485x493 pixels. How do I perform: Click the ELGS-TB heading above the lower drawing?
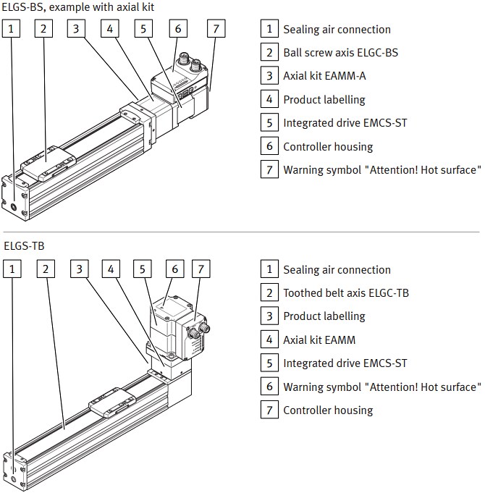pyautogui.click(x=24, y=246)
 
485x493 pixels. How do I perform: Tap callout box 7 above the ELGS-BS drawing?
pyautogui.click(x=215, y=29)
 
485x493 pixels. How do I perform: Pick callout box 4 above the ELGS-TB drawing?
pyautogui.click(x=111, y=269)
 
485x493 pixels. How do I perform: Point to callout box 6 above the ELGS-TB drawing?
pyautogui.click(x=174, y=269)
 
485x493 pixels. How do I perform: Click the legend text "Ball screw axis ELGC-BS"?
pyautogui.click(x=340, y=53)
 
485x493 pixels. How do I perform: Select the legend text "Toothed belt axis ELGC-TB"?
pyautogui.click(x=346, y=293)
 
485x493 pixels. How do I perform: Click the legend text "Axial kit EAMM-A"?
pyautogui.click(x=325, y=76)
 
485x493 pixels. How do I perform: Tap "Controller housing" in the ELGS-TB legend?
pyautogui.click(x=328, y=410)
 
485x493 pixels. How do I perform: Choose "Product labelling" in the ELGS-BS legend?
pyautogui.click(x=324, y=100)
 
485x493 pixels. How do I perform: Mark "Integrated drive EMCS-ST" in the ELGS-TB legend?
pyautogui.click(x=345, y=363)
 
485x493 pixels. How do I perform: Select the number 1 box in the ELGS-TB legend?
pyautogui.click(x=269, y=270)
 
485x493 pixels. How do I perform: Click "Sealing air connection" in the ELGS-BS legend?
pyautogui.click(x=337, y=30)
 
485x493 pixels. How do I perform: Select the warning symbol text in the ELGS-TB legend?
pyautogui.click(x=381, y=387)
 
